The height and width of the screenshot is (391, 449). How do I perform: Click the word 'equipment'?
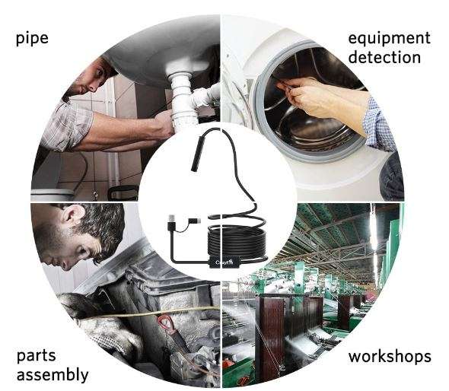point(389,38)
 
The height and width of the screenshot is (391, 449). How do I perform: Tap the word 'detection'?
point(384,57)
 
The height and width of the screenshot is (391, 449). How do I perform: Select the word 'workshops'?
point(390,356)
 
